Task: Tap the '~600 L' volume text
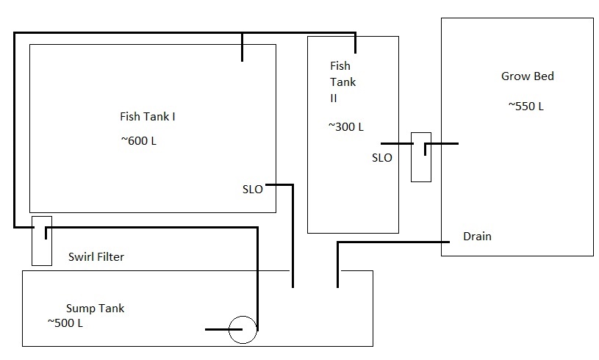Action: tap(138, 140)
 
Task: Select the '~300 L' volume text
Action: tap(345, 126)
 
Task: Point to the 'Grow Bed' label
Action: tap(527, 76)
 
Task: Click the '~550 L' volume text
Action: tap(526, 106)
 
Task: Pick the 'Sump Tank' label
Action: tap(95, 308)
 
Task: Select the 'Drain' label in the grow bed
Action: tap(477, 237)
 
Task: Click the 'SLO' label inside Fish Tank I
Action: tap(252, 189)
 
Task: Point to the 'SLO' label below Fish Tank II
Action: tap(381, 157)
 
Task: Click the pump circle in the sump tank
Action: tap(243, 329)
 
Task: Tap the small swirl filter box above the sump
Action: tap(42, 240)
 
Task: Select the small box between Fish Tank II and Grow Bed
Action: tap(420, 156)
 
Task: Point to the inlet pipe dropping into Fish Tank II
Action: tap(355, 43)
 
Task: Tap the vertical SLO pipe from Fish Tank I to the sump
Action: tap(293, 235)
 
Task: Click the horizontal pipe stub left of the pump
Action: tap(217, 329)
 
